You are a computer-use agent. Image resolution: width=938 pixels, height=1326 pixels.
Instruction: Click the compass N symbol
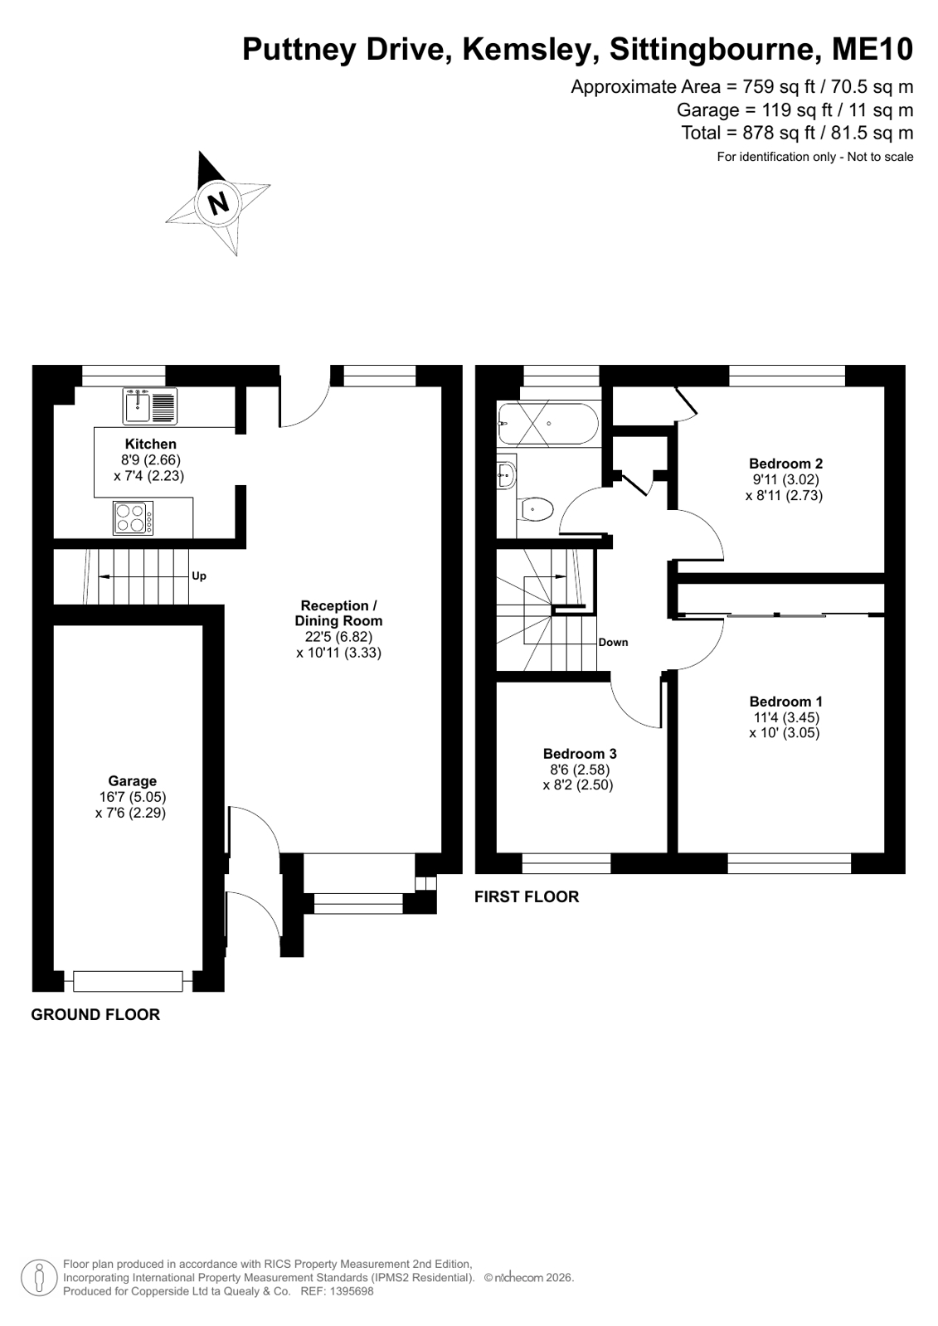point(218,203)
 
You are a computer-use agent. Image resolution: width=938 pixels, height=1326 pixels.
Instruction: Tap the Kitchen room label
point(150,444)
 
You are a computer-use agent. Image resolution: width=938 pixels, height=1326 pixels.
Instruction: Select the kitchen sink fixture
point(150,406)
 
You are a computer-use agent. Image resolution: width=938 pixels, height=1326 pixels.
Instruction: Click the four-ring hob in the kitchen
point(134,518)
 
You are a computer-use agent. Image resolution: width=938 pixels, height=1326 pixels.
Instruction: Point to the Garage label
point(132,781)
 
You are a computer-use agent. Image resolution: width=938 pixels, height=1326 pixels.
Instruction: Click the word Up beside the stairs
point(199,576)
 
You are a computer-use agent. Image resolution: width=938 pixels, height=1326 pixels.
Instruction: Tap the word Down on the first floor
point(613,643)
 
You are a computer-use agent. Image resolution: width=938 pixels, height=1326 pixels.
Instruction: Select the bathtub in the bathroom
point(548,423)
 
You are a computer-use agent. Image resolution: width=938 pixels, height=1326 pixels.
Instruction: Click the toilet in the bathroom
point(535,508)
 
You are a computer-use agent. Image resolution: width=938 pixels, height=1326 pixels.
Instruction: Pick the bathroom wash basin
point(507,472)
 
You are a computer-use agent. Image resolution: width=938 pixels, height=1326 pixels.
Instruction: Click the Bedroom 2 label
point(785,464)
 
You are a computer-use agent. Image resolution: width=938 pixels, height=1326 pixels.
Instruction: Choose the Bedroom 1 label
point(785,702)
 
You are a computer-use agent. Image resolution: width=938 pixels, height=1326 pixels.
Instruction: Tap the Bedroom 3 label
point(580,754)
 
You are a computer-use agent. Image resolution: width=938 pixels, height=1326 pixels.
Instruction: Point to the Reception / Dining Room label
point(338,614)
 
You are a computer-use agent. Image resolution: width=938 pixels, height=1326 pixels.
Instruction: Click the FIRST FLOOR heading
point(527,896)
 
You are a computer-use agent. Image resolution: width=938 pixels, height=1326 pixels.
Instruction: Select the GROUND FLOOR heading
point(95,1015)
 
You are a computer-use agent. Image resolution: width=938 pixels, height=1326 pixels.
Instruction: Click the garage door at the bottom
point(128,981)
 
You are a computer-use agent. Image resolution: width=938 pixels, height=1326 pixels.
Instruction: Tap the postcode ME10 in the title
point(872,49)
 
